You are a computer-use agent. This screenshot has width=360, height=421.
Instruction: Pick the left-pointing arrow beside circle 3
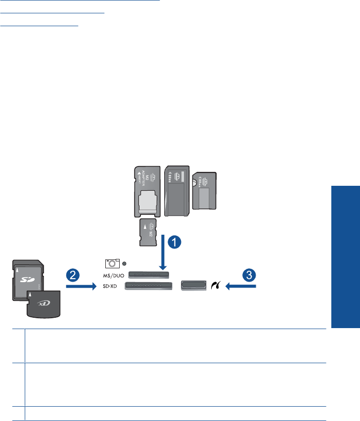pos(240,285)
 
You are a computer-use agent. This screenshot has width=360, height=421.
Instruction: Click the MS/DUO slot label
pos(112,274)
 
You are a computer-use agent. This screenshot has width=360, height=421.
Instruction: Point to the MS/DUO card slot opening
pos(148,274)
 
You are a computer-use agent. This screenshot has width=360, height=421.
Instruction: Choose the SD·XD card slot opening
pos(148,286)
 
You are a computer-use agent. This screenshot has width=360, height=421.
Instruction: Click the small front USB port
pos(192,285)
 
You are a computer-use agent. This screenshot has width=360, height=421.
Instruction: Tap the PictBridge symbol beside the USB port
pos(215,285)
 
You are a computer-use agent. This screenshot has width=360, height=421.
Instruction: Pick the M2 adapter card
pos(146,191)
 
